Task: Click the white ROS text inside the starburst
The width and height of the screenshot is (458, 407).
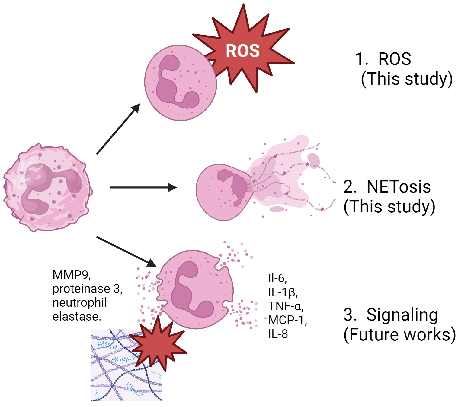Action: [243, 51]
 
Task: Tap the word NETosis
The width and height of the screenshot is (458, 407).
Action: [398, 187]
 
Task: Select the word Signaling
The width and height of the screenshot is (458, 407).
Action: [402, 315]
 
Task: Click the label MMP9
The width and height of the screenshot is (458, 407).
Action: [72, 275]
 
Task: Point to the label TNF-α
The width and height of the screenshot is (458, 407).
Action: [286, 306]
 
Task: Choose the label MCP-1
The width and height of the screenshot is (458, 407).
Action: [287, 320]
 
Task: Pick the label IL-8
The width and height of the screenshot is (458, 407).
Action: [278, 334]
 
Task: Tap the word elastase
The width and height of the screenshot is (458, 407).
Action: [77, 316]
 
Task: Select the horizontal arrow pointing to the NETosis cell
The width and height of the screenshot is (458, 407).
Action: [143, 187]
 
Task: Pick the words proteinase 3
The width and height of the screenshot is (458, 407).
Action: [87, 289]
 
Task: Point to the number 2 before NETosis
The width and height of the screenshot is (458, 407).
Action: [349, 187]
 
